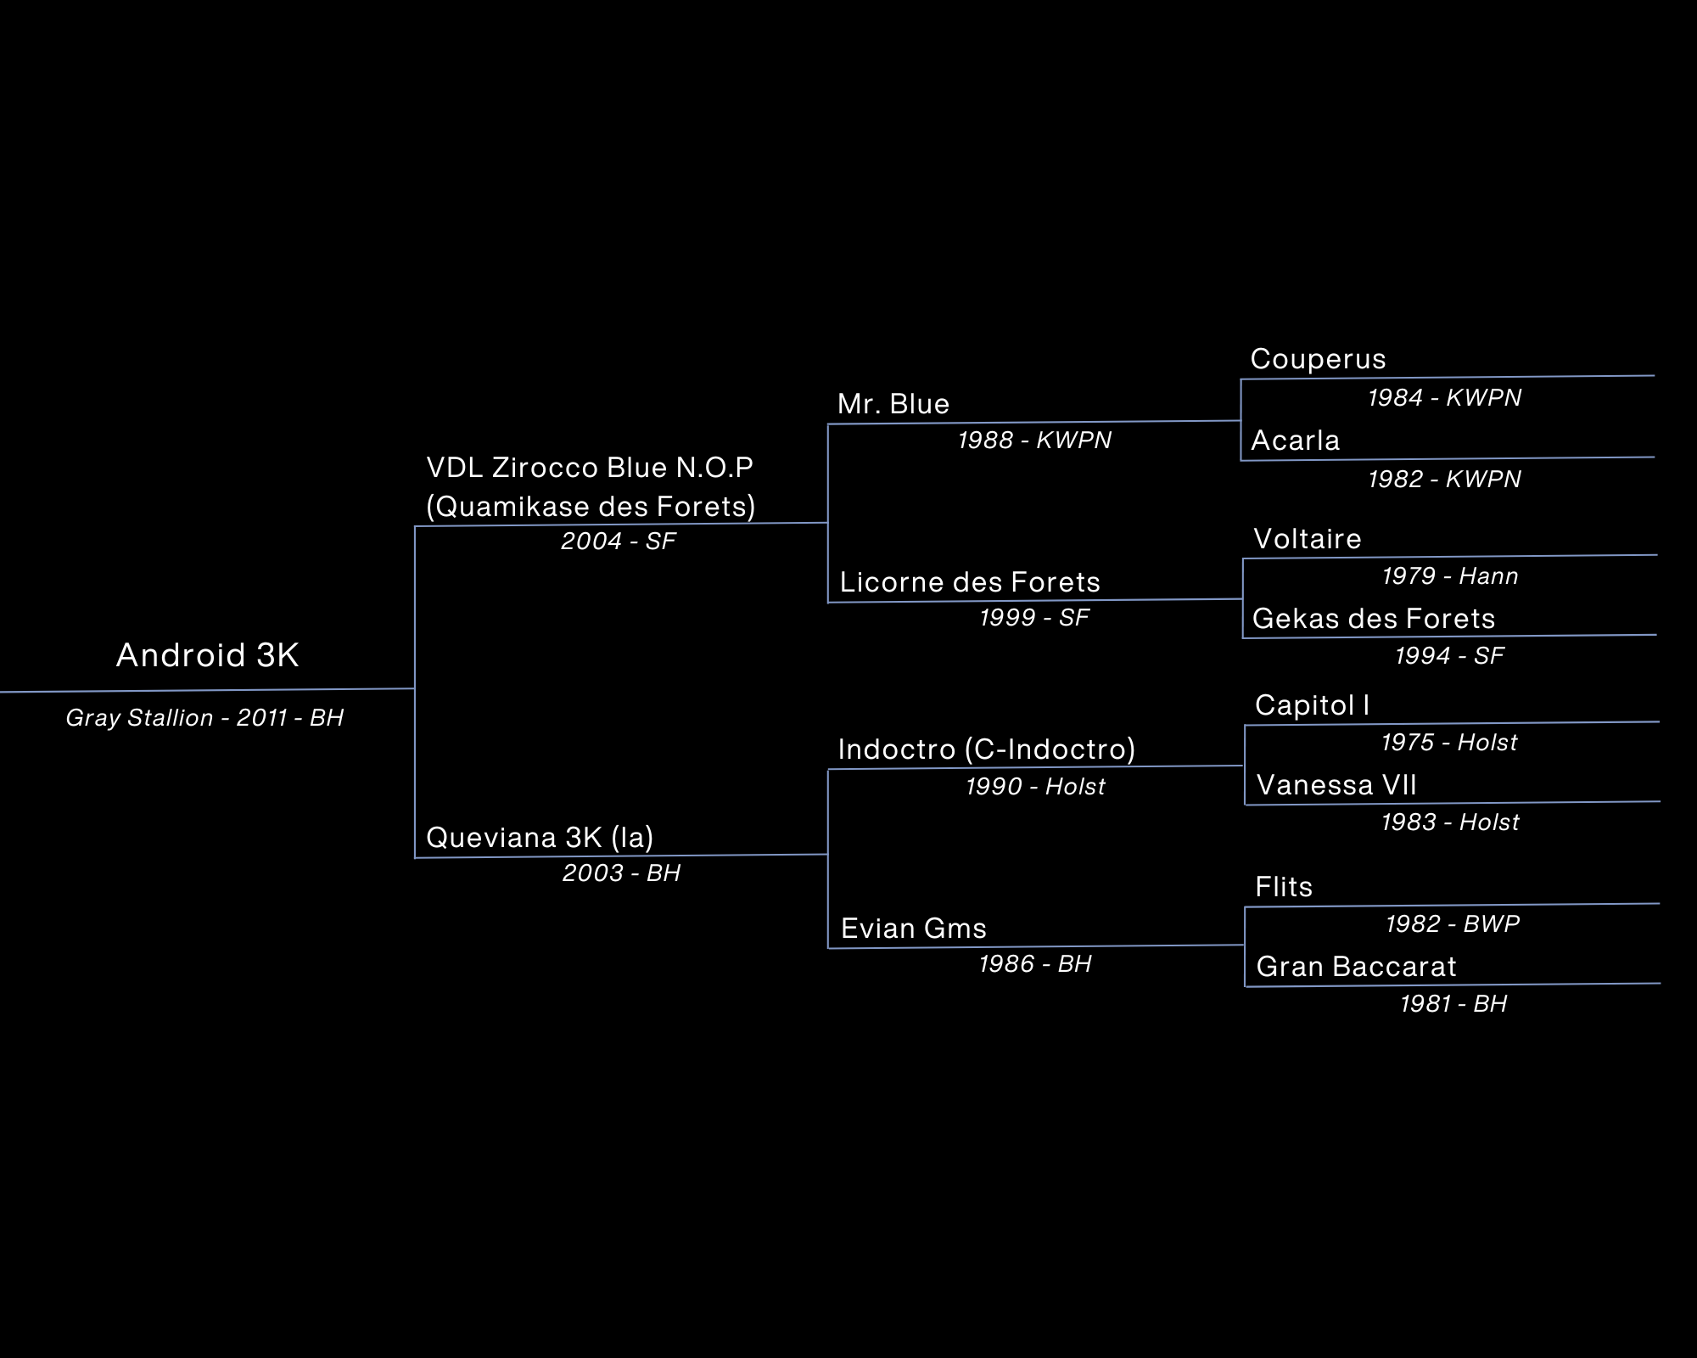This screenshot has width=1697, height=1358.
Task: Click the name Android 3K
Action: point(208,655)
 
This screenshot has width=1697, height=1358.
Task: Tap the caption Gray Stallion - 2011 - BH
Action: point(204,718)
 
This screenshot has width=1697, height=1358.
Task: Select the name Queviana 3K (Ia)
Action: point(540,838)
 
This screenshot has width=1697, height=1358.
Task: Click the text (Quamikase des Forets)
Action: point(591,507)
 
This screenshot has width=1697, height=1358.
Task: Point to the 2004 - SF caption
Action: point(618,542)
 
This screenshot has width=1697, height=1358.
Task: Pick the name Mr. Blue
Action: point(893,404)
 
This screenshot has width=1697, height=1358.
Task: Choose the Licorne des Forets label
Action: point(970,582)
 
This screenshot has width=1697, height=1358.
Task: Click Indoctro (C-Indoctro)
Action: point(987,749)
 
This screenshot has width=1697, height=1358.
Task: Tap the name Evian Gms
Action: point(914,929)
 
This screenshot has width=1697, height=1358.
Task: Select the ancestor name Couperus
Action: point(1318,359)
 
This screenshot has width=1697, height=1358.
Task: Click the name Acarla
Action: point(1296,441)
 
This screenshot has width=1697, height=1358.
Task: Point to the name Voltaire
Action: point(1308,539)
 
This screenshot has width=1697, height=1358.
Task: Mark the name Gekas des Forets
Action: point(1374,619)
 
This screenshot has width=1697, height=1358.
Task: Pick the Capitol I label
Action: point(1313,705)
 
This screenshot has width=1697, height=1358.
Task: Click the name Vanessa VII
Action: point(1336,785)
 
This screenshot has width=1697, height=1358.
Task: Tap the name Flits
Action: point(1284,887)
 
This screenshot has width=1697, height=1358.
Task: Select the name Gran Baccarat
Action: point(1356,967)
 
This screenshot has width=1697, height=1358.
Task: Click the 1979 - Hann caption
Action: point(1450,576)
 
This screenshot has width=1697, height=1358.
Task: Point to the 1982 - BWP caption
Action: point(1453,923)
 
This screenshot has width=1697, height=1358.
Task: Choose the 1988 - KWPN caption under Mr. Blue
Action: point(1034,441)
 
